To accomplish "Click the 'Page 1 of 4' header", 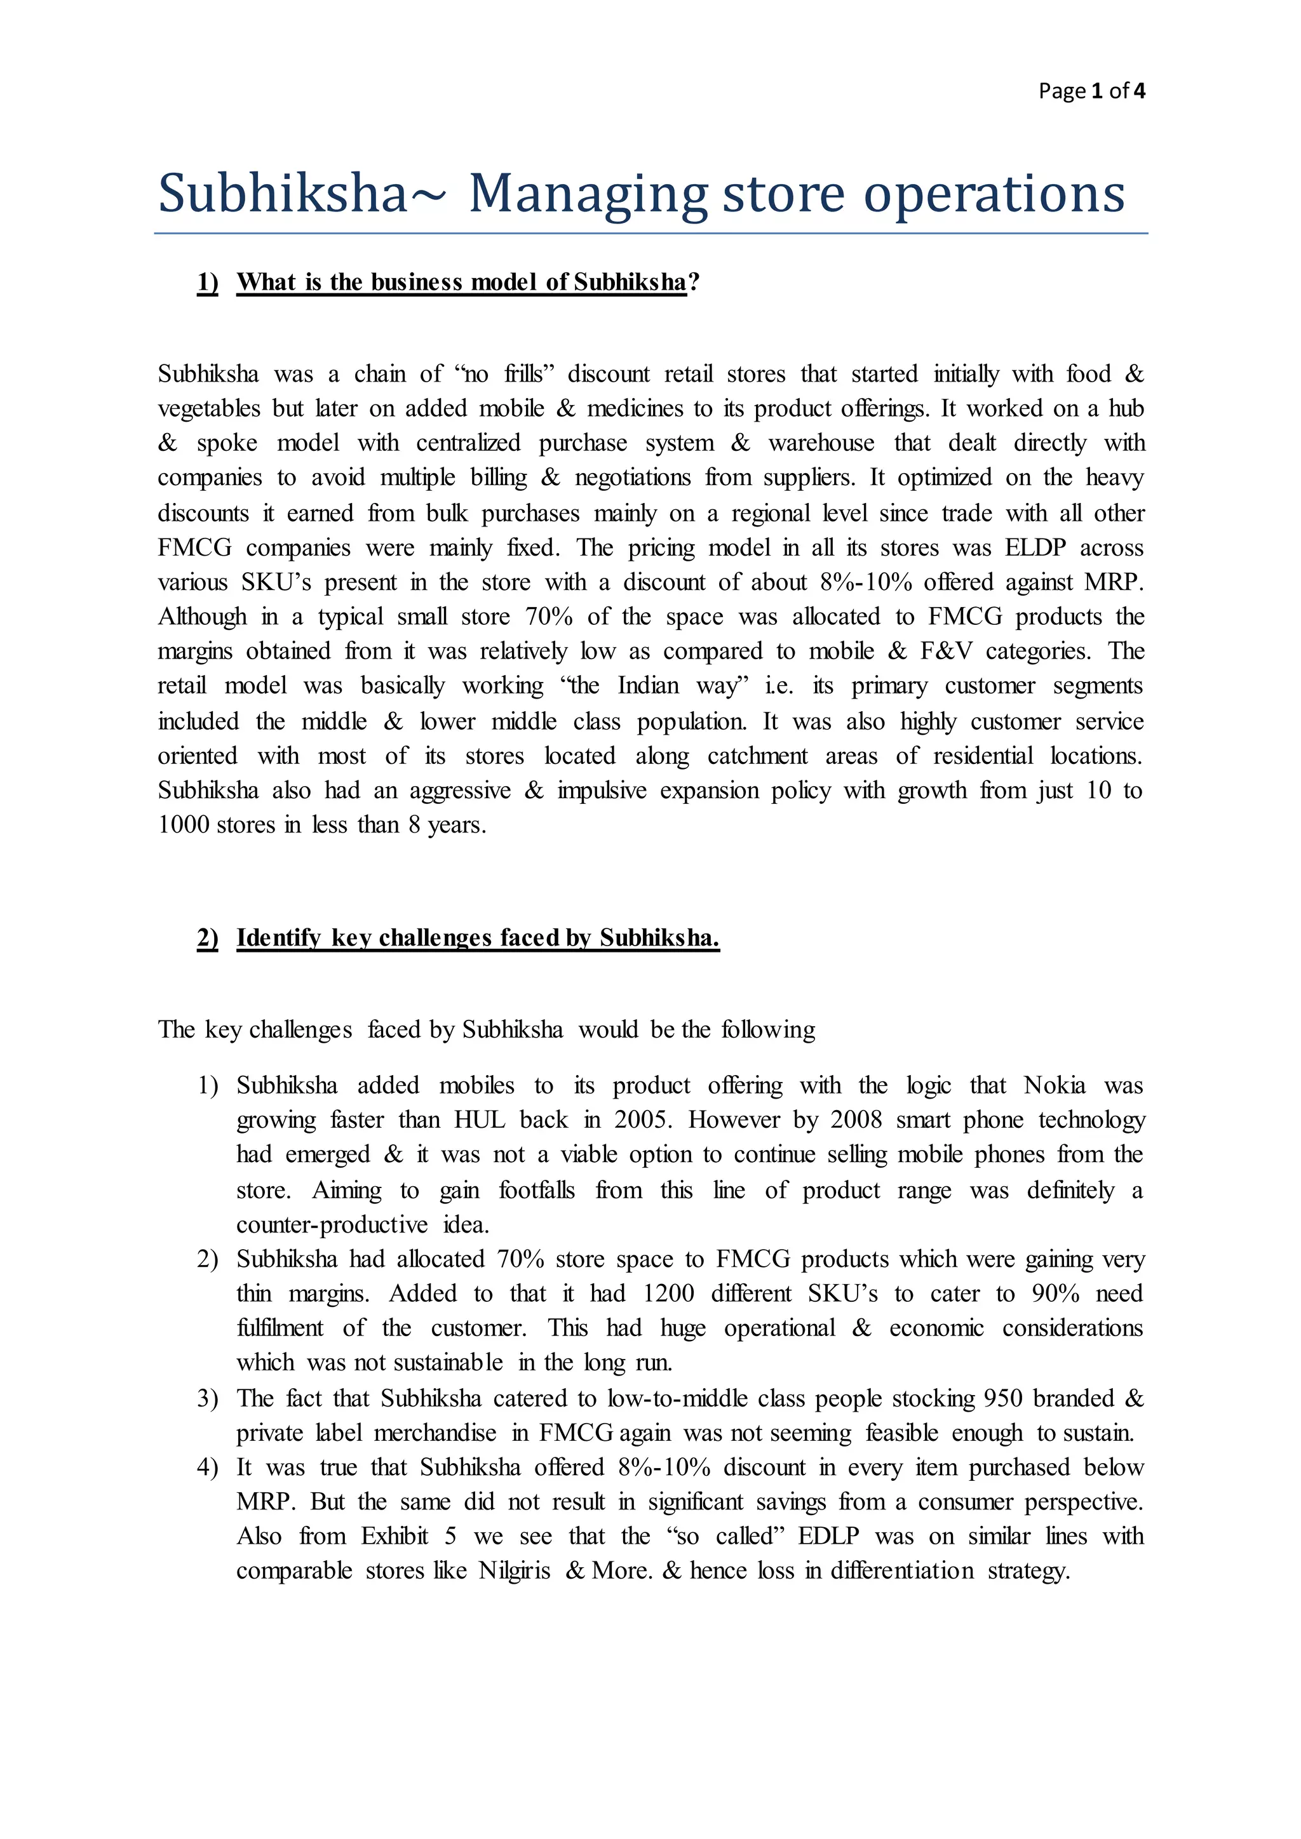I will [1091, 91].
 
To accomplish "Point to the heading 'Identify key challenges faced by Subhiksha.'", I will [478, 937].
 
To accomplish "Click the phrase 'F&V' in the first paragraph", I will [945, 651].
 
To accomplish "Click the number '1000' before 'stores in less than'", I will [184, 825].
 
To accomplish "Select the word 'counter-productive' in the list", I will [332, 1225].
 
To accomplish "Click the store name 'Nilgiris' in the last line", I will [515, 1570].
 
